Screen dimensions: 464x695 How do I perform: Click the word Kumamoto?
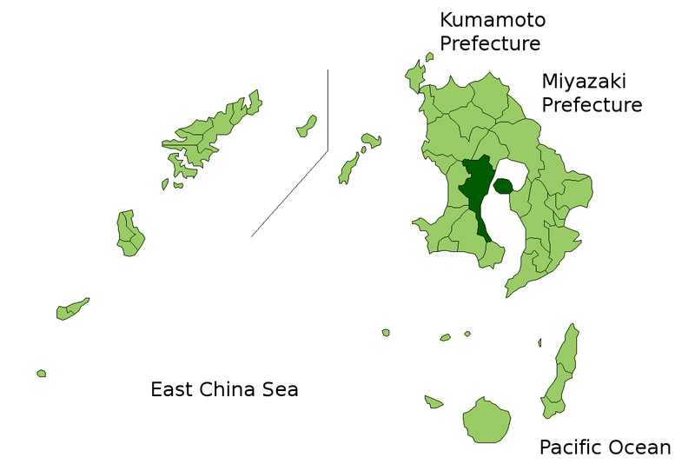(x=493, y=20)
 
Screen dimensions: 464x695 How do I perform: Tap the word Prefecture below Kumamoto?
(x=490, y=43)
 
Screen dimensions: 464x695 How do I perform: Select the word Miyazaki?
(x=584, y=82)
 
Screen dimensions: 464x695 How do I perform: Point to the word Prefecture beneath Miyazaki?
(x=592, y=105)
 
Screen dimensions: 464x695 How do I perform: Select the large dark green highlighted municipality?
(x=474, y=187)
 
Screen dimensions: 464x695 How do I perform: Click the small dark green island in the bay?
(x=502, y=186)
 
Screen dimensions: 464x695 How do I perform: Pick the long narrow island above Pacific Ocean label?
(x=560, y=369)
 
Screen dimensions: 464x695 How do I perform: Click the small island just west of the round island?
(x=434, y=401)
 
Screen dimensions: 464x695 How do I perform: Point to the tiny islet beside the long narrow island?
(x=539, y=342)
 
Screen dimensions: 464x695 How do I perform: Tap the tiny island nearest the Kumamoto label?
(x=429, y=57)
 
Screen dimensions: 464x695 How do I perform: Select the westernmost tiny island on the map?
(x=41, y=374)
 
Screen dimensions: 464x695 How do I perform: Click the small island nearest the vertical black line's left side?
(x=306, y=127)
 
